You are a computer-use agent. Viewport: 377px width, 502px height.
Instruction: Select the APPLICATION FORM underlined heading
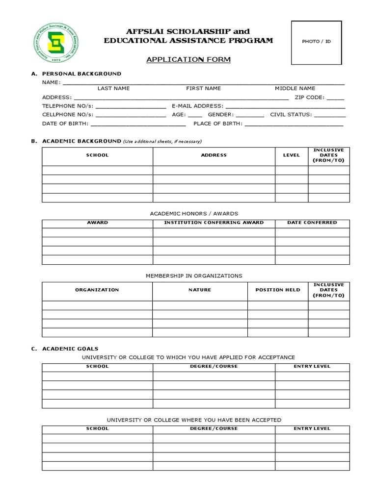tap(181, 60)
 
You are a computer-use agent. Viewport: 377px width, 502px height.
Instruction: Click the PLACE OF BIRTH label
tap(217, 124)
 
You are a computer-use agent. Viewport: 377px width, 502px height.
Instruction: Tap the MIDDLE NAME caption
tap(295, 89)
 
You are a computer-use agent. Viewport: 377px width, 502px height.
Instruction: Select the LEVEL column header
tap(291, 155)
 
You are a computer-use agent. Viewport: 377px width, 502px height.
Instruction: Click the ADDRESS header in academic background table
tap(214, 155)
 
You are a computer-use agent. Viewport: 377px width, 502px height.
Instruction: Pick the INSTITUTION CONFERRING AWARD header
tap(214, 223)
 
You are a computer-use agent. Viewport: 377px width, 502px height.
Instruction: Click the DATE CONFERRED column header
tap(312, 223)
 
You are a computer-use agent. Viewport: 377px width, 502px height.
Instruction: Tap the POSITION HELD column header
tap(278, 290)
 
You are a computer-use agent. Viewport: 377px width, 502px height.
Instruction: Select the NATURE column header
tap(200, 290)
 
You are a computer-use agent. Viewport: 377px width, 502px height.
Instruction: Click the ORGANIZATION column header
tap(97, 290)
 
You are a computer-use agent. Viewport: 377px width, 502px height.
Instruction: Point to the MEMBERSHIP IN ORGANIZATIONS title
tap(194, 276)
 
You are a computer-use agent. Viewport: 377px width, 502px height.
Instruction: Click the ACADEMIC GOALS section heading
tap(70, 349)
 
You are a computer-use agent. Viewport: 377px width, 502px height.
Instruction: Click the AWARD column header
tap(97, 223)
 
